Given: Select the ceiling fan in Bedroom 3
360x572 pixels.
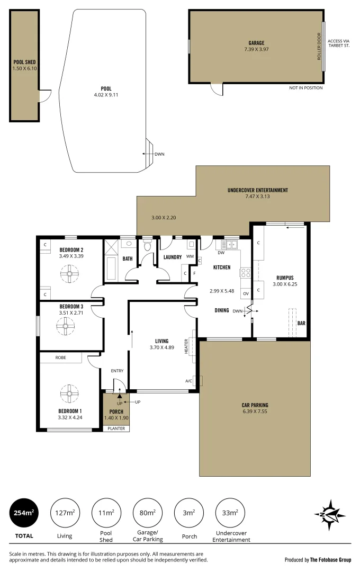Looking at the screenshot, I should click(66, 326).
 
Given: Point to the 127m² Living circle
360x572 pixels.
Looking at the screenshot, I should click(64, 513).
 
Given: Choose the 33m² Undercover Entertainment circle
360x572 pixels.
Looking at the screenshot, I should click(230, 513).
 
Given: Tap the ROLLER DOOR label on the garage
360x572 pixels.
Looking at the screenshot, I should click(319, 47).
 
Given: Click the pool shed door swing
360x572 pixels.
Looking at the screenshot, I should click(45, 96).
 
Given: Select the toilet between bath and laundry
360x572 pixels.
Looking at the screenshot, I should click(148, 246).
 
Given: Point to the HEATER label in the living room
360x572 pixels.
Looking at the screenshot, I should click(186, 347).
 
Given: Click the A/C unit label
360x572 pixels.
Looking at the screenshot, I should click(188, 381).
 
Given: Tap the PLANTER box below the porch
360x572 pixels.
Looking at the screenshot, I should click(116, 428).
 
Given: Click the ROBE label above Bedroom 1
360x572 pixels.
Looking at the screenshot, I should click(61, 358).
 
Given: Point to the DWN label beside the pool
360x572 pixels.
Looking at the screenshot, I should click(159, 154).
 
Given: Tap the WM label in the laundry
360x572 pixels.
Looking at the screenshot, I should click(189, 257).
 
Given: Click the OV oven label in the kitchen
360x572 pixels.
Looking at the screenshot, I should click(245, 293).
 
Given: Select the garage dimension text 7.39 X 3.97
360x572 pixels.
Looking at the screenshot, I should click(256, 49).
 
